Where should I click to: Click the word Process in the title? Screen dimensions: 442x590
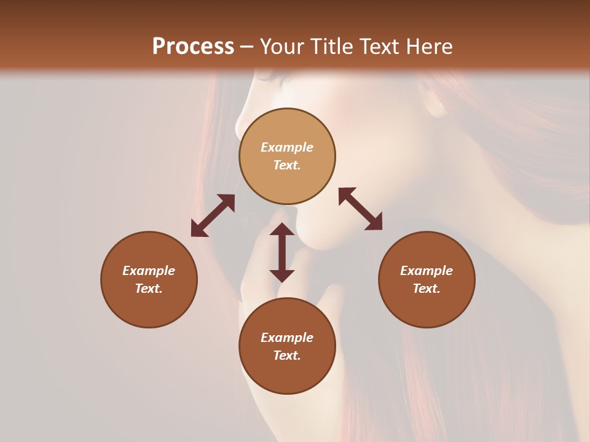pos(193,47)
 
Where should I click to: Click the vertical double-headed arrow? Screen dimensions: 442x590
pos(282,252)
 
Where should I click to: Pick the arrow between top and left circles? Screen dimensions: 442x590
pos(213,215)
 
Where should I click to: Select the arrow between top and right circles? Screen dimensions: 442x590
pos(360,209)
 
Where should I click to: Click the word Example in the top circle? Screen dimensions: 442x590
pos(287,147)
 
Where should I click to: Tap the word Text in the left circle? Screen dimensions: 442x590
pos(149,289)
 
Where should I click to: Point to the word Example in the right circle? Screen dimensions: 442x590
pos(427,271)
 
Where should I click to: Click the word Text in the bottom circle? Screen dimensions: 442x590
pos(287,355)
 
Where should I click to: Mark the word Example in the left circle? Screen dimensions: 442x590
pos(149,271)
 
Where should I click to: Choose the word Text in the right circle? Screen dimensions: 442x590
pos(427,289)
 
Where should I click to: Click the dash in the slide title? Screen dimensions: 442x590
pos(247,47)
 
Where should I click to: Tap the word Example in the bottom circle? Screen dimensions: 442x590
pos(287,338)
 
